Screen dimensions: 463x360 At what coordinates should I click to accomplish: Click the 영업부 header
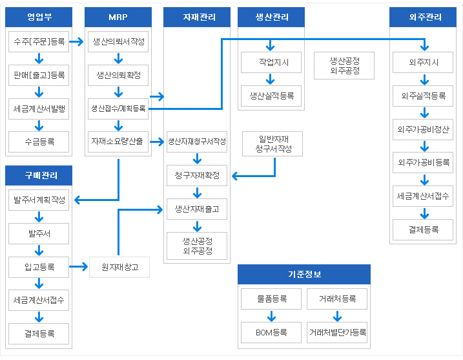click(x=39, y=17)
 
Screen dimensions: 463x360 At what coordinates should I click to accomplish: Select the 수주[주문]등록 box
click(x=39, y=41)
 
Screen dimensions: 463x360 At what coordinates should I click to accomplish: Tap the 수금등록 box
click(x=39, y=142)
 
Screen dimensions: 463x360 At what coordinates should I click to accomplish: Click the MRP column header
click(x=118, y=17)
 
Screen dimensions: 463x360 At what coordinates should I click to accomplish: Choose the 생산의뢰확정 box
click(x=118, y=76)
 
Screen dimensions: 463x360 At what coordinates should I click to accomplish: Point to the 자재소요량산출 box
click(x=118, y=142)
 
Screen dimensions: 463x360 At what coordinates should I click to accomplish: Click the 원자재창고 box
click(x=119, y=267)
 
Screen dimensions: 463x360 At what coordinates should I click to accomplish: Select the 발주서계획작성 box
click(x=39, y=200)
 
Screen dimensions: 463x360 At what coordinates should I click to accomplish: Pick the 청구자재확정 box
click(x=197, y=176)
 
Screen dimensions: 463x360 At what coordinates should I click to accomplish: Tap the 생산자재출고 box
click(x=197, y=209)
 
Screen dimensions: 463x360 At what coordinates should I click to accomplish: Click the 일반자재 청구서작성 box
click(x=273, y=144)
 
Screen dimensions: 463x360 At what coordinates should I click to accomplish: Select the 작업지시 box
click(x=271, y=62)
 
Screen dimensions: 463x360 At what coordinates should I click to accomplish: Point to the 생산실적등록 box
click(x=271, y=96)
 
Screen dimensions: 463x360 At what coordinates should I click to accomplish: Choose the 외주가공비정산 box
click(x=423, y=129)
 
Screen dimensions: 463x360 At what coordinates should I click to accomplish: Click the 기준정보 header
click(x=304, y=274)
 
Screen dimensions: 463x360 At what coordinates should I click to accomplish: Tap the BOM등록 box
click(x=271, y=332)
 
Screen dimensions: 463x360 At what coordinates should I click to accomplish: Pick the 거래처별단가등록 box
click(x=337, y=332)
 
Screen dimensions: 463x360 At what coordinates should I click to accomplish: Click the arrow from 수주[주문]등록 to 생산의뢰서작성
click(x=76, y=41)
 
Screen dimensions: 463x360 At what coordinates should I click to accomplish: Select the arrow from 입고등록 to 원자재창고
click(x=79, y=267)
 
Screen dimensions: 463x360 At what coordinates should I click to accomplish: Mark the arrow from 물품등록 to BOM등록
click(x=271, y=316)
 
